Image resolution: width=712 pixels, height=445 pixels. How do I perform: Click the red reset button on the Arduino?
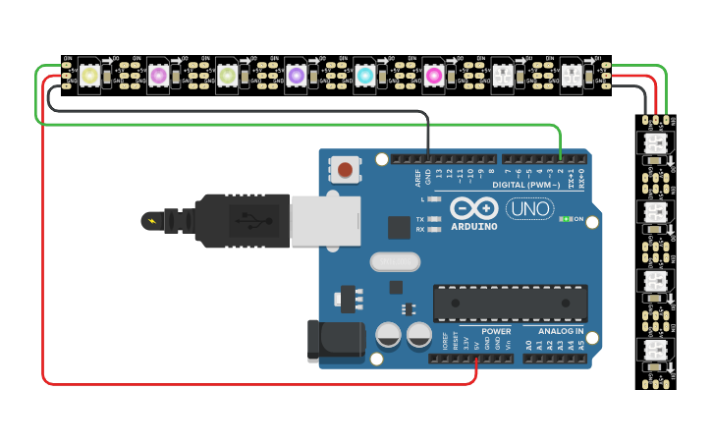coord(345,170)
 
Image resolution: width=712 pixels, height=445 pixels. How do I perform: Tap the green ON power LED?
coord(566,219)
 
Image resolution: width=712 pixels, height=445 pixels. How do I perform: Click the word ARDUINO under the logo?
coord(474,227)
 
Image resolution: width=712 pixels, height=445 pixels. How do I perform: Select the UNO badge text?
coord(529,208)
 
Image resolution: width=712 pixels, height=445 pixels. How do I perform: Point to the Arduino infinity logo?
coord(474,208)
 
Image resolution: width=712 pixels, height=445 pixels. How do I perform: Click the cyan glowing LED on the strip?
coord(364,76)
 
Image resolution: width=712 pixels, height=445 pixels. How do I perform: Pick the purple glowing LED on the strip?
coord(296,76)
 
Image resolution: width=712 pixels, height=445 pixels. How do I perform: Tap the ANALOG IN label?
coord(560,331)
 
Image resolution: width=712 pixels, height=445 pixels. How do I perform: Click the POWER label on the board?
coord(496,331)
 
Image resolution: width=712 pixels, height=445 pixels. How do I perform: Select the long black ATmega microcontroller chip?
coord(510,303)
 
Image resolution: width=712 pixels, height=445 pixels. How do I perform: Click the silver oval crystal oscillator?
coord(395,262)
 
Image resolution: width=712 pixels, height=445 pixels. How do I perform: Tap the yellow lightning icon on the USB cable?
coord(151,221)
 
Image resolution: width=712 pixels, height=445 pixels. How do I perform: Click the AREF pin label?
coord(417,179)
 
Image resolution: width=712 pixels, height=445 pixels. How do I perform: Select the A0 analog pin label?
coord(529,345)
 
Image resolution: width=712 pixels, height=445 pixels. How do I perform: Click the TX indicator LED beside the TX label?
coord(434,219)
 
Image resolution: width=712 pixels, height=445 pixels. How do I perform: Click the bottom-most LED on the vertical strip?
coord(655,351)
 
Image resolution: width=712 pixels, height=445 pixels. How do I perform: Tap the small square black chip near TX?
coord(399,228)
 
